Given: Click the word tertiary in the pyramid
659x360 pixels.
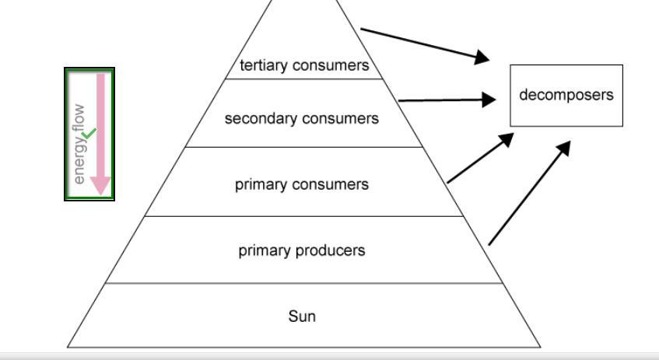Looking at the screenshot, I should (x=261, y=66).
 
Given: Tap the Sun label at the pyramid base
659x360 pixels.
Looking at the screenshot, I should (x=302, y=316).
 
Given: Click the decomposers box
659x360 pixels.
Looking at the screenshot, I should (x=566, y=96).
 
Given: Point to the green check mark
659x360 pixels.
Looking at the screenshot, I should (x=89, y=135).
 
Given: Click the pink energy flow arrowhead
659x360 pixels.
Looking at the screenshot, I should (x=101, y=185).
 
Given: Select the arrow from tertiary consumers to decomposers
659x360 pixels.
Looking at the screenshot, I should (x=425, y=44).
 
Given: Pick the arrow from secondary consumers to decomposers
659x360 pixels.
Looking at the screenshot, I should (x=447, y=100).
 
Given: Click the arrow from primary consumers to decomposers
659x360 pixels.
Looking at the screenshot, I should (x=480, y=158).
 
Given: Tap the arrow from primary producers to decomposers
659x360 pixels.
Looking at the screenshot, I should (x=529, y=193).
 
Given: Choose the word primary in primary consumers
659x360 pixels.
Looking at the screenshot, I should (x=259, y=185).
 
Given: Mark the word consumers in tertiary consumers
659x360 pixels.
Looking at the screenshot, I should (x=331, y=66).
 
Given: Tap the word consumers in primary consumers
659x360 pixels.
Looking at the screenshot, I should (x=330, y=185).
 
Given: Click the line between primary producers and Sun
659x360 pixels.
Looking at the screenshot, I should (x=303, y=283).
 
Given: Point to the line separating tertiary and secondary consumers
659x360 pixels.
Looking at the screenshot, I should (x=303, y=79).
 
